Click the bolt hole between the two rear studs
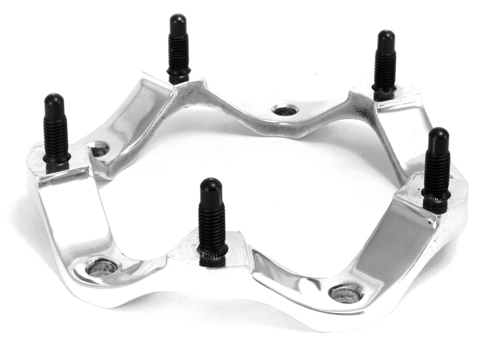click(284, 110)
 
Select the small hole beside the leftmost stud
click(100, 148)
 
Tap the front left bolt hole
click(102, 267)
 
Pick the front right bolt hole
click(346, 292)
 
